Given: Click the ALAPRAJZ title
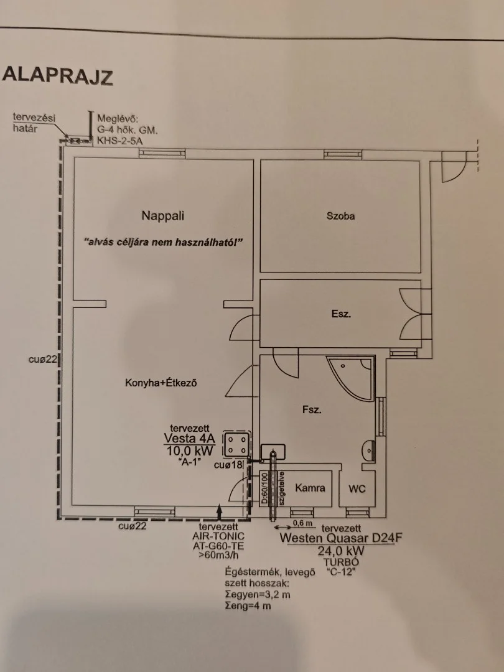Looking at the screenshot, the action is point(57,76).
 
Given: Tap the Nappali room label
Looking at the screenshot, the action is point(163,215).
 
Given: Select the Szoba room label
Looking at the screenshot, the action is point(341,216).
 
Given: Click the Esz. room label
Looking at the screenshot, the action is point(341,314).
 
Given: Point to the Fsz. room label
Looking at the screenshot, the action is point(312,409).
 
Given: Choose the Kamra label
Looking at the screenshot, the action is point(310,488).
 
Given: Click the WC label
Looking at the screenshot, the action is point(357,488).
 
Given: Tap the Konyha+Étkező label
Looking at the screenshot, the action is point(161,383).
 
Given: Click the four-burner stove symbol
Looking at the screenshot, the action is point(236,444).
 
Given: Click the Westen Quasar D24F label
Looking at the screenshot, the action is point(341,538).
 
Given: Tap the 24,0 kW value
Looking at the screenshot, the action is point(341,551).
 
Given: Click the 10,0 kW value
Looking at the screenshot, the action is point(189,451).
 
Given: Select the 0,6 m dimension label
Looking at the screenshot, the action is point(303,523).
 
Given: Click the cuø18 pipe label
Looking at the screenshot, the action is point(228,465).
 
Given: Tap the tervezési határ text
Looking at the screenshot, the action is point(34,123).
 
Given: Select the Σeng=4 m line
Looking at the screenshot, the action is point(248,605).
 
